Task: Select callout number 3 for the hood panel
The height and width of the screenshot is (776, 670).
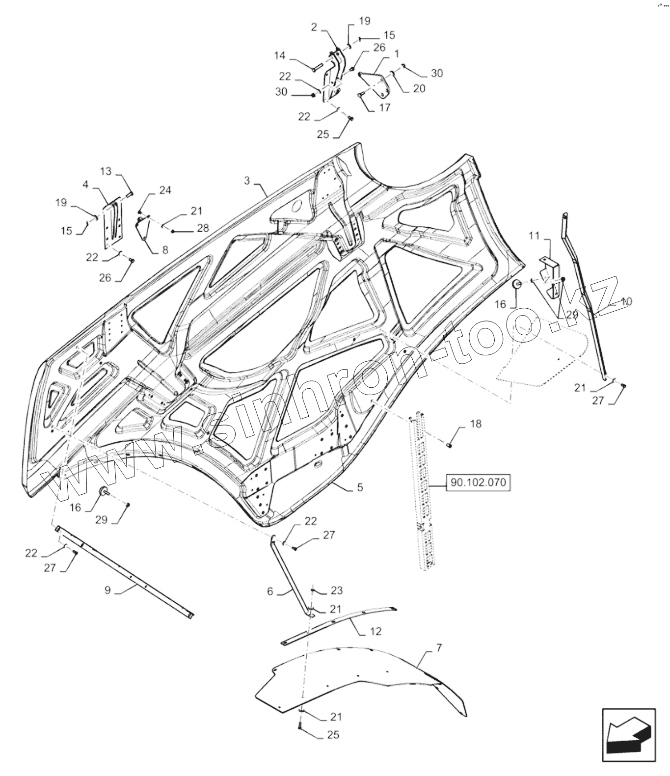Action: pyautogui.click(x=247, y=181)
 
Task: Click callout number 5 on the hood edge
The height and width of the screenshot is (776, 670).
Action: pyautogui.click(x=360, y=487)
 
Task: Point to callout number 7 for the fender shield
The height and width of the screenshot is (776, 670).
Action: pyautogui.click(x=439, y=648)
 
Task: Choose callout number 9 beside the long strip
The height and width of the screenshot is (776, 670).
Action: pyautogui.click(x=107, y=590)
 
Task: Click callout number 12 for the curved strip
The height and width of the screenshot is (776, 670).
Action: pyautogui.click(x=375, y=632)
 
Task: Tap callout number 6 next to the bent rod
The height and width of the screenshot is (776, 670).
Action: pyautogui.click(x=270, y=592)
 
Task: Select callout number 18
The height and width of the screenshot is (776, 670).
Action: pyautogui.click(x=476, y=424)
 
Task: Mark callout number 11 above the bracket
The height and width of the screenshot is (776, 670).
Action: pyautogui.click(x=534, y=236)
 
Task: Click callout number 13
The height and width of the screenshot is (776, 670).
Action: pyautogui.click(x=106, y=171)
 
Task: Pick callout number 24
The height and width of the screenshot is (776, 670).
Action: pyautogui.click(x=165, y=190)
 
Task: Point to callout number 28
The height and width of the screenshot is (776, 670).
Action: pyautogui.click(x=202, y=228)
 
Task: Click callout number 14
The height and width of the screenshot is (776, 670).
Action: pyautogui.click(x=279, y=56)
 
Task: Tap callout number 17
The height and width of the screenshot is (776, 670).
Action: pyautogui.click(x=384, y=107)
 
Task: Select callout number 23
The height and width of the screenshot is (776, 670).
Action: pyautogui.click(x=336, y=590)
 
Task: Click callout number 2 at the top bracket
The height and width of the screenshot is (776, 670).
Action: pyautogui.click(x=314, y=27)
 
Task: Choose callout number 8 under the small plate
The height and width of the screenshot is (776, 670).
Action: pyautogui.click(x=164, y=250)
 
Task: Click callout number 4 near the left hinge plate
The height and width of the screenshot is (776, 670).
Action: pyautogui.click(x=85, y=185)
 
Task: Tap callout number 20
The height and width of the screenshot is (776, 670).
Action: pyautogui.click(x=419, y=88)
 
